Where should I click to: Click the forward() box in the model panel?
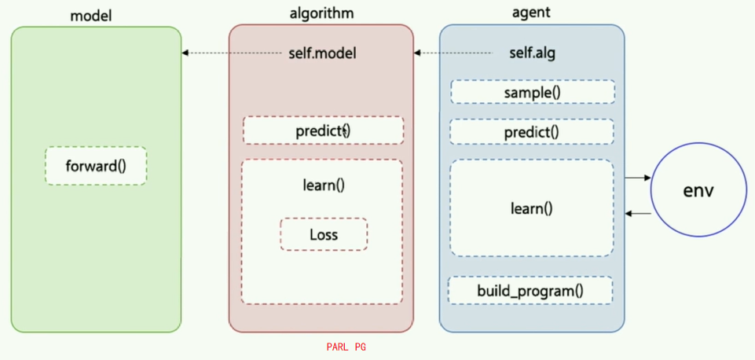[x=96, y=166]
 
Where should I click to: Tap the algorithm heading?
[x=321, y=13]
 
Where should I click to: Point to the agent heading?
[x=531, y=13]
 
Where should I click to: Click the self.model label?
[x=323, y=53]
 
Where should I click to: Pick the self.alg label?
[x=533, y=53]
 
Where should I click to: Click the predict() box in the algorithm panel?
[x=323, y=130]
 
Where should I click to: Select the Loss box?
[x=324, y=234]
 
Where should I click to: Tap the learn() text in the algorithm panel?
[x=323, y=186]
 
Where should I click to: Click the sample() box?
[x=532, y=93]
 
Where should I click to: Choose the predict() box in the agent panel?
[x=532, y=131]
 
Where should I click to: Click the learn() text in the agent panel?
[x=532, y=208]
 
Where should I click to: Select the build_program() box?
[x=530, y=291]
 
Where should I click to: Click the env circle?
[x=698, y=191]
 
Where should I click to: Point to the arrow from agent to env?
[x=638, y=178]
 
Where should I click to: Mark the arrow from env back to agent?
[x=638, y=213]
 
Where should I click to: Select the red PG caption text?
[x=361, y=347]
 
